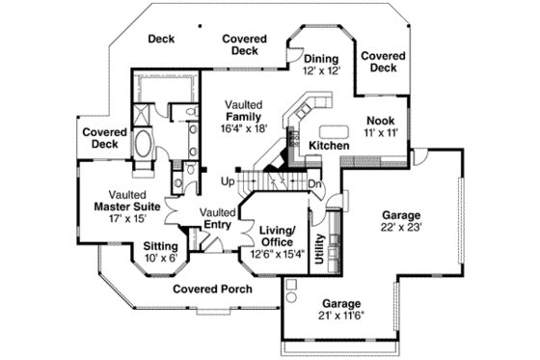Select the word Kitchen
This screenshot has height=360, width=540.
[329, 145]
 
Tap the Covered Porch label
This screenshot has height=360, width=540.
[212, 289]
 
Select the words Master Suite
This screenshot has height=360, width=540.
[126, 206]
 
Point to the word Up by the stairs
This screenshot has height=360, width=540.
[229, 180]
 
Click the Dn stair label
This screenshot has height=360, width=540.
[314, 184]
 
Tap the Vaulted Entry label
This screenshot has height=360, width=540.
[219, 219]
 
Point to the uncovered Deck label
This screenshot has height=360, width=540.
[160, 39]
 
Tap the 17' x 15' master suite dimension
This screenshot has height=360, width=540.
[126, 218]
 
